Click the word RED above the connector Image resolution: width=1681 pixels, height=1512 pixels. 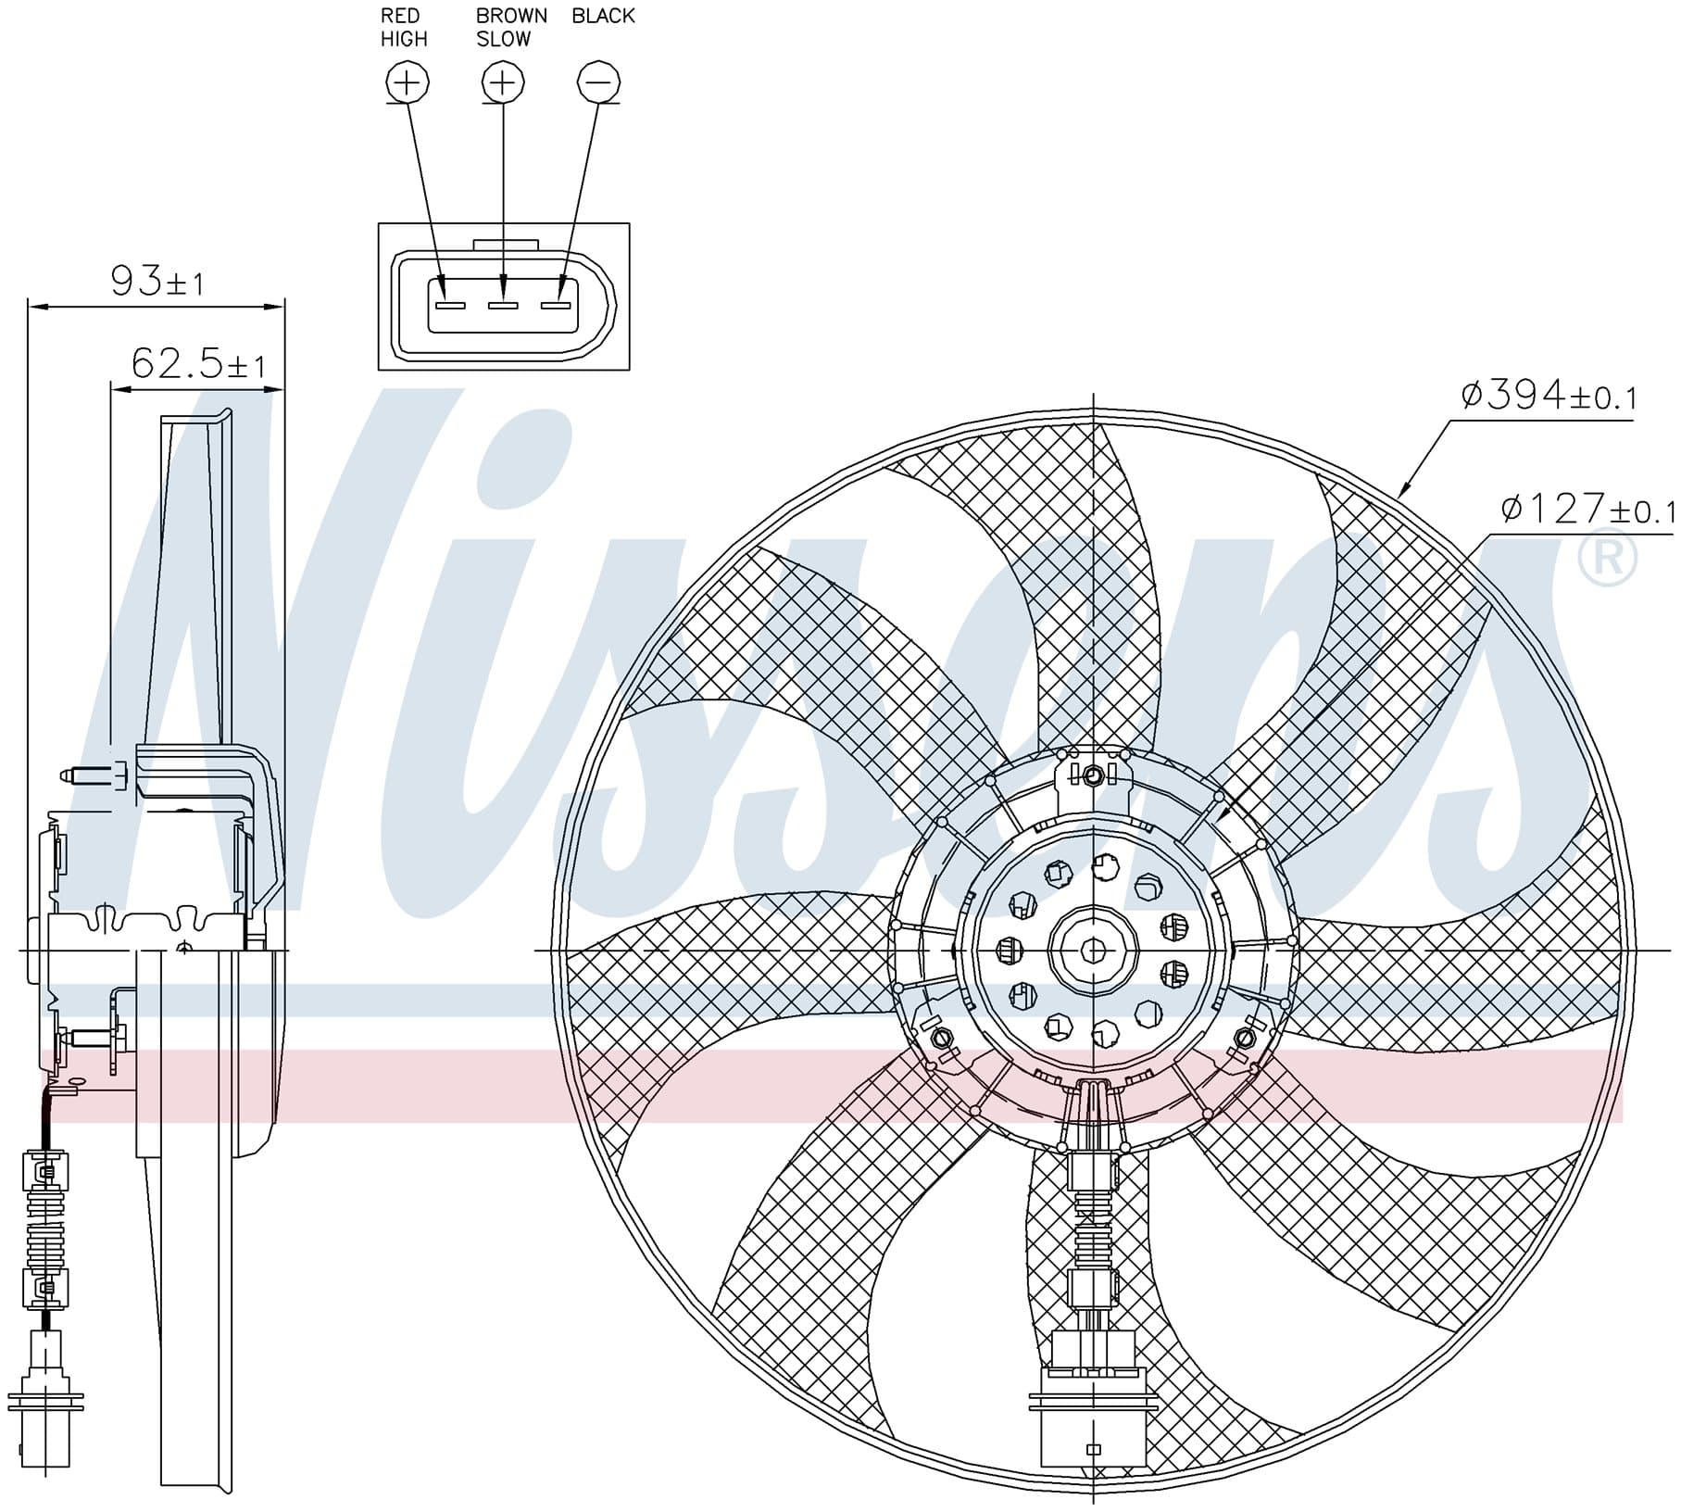point(400,16)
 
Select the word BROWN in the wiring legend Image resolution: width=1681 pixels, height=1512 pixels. point(511,16)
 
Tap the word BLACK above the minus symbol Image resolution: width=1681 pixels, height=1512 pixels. point(603,16)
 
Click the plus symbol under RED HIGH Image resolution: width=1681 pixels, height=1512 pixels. point(407,83)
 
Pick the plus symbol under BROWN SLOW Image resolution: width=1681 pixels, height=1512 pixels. point(503,83)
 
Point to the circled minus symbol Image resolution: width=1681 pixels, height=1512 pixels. point(598,83)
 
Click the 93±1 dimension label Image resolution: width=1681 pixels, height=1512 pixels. point(157,281)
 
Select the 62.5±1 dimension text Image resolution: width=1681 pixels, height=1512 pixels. point(198,363)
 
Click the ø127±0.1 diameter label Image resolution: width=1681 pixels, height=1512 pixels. point(1587,510)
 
